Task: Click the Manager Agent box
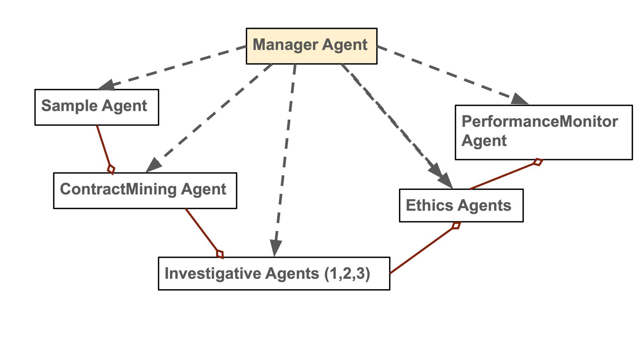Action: point(311,46)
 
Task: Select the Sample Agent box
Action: point(96,107)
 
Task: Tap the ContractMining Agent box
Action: point(145,191)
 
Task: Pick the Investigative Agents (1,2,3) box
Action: point(274,273)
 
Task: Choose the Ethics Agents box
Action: point(461,205)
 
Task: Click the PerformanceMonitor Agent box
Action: point(544,132)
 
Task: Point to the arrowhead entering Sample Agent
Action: point(106,85)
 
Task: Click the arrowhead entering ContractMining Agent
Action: point(153,165)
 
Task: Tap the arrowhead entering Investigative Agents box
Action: point(275,248)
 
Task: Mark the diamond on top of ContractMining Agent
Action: point(111,169)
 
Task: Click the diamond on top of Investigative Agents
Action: point(220,254)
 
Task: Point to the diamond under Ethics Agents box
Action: point(456,225)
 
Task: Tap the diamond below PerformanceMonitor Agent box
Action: point(538,162)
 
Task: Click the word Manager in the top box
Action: point(286,45)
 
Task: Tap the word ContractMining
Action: point(118,189)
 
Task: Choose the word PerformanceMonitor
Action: point(540,122)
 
